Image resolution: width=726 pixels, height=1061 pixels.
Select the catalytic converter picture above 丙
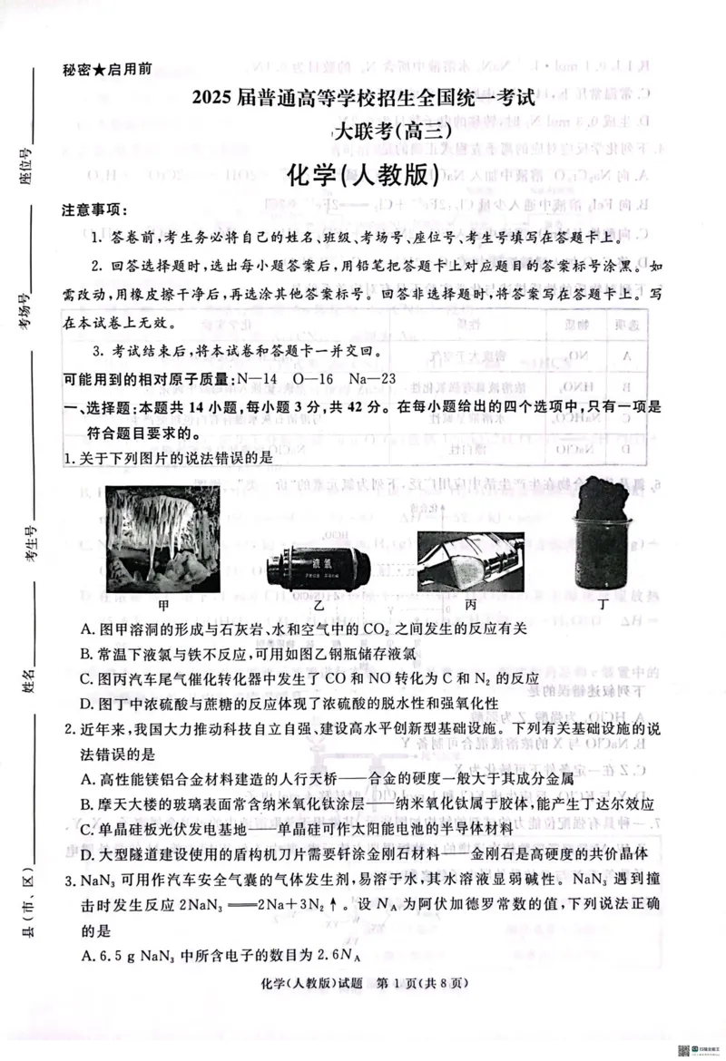[x=470, y=560]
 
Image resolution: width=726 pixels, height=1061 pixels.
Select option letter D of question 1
[x=87, y=703]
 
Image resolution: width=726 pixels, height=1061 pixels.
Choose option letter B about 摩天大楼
[x=87, y=804]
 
